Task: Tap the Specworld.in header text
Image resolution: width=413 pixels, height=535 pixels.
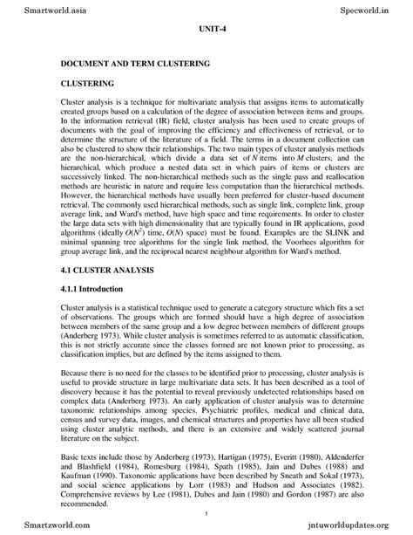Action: pos(373,8)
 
